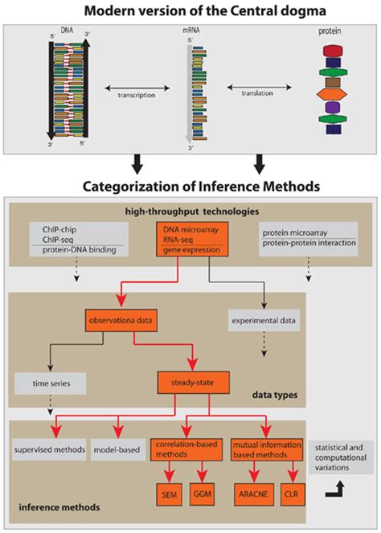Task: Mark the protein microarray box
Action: coord(297,234)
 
